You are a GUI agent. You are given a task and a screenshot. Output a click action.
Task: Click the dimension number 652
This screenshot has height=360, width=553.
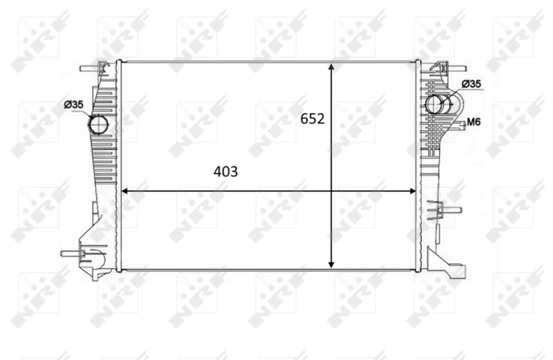tap(312, 118)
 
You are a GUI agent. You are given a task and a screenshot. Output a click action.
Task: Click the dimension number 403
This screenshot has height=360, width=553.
tap(225, 171)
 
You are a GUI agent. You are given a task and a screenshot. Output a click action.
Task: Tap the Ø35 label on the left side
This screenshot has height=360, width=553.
tap(73, 104)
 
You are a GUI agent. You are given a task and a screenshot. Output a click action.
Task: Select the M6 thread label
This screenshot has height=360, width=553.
tap(474, 123)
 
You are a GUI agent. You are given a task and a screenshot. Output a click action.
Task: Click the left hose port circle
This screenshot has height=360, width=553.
tap(99, 124)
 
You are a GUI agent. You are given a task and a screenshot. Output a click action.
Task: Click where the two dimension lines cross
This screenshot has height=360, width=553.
tap(332, 191)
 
